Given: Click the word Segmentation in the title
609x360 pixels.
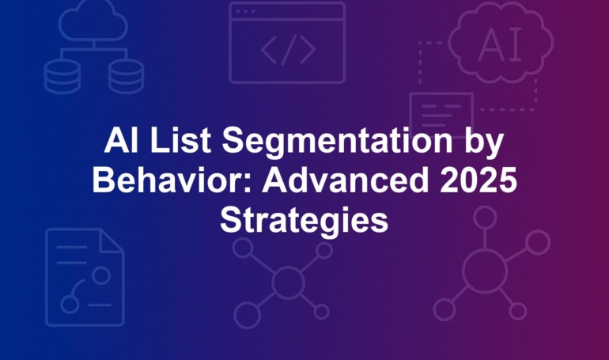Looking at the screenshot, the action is [x=337, y=142].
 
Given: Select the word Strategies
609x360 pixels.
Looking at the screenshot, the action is [x=304, y=221].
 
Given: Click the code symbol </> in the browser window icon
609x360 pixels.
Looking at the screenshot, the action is [x=288, y=50].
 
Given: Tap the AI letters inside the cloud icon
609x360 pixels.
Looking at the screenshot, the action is [x=500, y=44].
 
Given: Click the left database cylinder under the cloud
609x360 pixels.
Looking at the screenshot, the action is [x=62, y=76].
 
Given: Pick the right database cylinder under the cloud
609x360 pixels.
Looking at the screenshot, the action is [x=127, y=76].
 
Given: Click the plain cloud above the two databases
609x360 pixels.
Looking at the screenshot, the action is [x=93, y=21].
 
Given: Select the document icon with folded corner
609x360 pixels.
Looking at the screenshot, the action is [x=85, y=277].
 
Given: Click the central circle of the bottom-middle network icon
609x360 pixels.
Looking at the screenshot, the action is [x=288, y=282].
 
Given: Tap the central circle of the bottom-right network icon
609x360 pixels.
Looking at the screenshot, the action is [x=485, y=271].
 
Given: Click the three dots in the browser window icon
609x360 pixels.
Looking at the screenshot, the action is [x=245, y=12].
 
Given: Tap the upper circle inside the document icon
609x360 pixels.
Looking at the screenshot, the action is [x=101, y=275].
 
